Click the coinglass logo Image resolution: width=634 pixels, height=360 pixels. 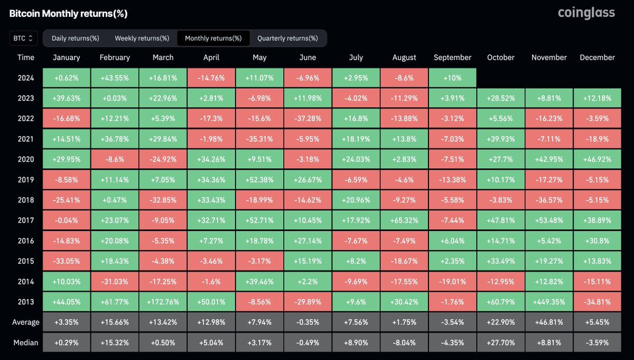pos(586,13)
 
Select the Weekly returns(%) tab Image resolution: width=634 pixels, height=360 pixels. pos(142,38)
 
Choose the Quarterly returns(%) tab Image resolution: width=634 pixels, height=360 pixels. pos(287,38)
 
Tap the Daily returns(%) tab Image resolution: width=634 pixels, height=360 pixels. pos(76,38)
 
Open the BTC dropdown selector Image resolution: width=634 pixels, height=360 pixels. pos(23,38)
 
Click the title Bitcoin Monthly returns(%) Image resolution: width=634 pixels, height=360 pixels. pos(69,14)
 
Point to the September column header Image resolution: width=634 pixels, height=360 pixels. pos(452,58)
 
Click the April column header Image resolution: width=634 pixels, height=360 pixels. pos(211,58)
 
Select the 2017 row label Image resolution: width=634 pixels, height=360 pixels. pos(25,220)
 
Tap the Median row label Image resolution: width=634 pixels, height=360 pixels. pos(25,343)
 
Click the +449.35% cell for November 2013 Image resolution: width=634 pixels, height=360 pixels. pos(549,302)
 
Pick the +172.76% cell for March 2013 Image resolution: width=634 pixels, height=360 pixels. pos(163,302)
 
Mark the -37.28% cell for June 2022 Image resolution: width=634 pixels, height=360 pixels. pos(307,118)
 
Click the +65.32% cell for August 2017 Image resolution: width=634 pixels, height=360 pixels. pos(404,220)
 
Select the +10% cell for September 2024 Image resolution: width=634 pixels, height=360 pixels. pos(452,78)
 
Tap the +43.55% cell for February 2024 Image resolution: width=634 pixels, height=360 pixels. pos(115,78)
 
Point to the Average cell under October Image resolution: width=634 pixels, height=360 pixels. pos(500,322)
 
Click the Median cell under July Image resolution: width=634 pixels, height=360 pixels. pos(356,343)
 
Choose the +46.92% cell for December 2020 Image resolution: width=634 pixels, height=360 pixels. pos(597,159)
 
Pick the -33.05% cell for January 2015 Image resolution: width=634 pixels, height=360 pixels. pos(67,261)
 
